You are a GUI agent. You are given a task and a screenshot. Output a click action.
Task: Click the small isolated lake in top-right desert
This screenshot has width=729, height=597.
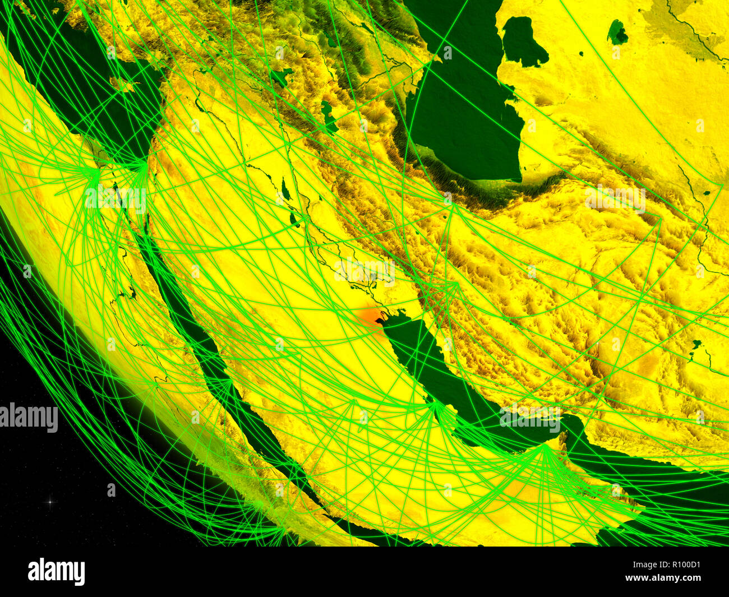point(617,33)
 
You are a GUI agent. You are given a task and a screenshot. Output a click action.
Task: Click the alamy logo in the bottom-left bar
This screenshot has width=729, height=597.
point(56,572)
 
